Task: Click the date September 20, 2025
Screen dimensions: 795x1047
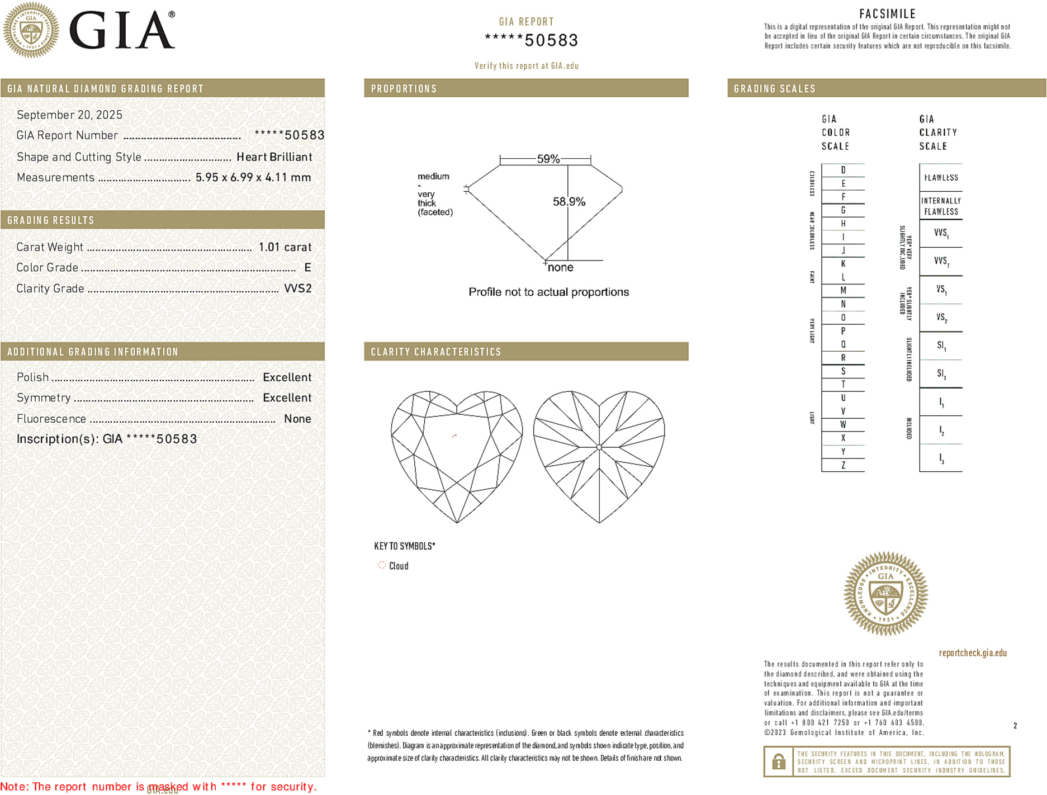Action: [69, 115]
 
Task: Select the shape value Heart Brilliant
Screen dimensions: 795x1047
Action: [274, 157]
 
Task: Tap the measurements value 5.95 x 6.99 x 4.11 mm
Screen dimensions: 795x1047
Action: [253, 178]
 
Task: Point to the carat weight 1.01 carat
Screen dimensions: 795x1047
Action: [285, 247]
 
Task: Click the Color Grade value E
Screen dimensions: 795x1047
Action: [307, 268]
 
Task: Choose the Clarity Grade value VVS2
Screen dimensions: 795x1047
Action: [297, 288]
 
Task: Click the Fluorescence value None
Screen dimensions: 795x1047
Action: [297, 419]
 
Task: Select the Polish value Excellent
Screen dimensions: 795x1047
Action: [287, 377]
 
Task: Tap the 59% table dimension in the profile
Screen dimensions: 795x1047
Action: [548, 159]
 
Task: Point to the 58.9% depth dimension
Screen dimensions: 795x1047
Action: [568, 201]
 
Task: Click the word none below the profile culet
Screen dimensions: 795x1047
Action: [560, 267]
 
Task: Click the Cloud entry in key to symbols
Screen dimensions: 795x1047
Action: [398, 566]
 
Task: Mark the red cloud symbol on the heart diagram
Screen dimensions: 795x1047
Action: [454, 436]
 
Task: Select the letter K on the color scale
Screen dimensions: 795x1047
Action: [843, 264]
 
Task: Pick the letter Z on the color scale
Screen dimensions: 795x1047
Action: [843, 465]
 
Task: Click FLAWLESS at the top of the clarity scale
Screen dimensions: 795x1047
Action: [941, 178]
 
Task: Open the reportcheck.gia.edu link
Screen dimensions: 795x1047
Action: [973, 653]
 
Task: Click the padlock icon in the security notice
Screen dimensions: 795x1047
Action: [778, 761]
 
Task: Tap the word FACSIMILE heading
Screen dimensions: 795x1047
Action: [887, 14]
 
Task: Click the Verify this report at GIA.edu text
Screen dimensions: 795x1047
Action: [526, 66]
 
